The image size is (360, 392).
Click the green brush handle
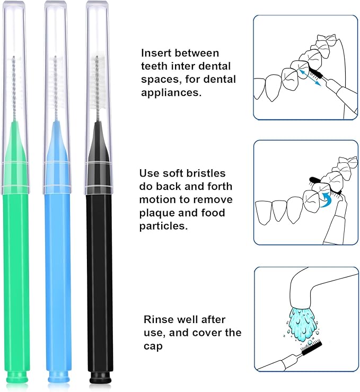click(x=17, y=276)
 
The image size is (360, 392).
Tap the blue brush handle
click(x=58, y=276)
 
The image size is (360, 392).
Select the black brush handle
click(x=100, y=276)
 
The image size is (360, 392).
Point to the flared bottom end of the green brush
click(x=17, y=378)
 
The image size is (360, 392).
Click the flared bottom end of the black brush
click(x=100, y=378)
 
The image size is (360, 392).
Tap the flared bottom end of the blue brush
click(x=58, y=378)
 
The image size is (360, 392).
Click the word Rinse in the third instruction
click(x=158, y=319)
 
